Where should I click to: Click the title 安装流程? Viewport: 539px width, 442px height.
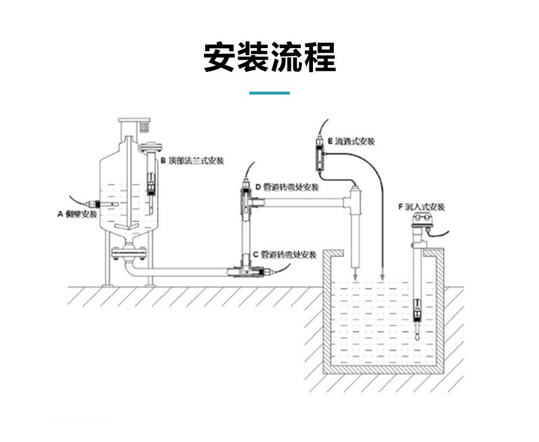[269, 57]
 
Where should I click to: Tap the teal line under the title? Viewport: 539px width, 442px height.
[269, 93]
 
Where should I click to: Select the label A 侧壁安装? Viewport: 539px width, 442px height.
[77, 214]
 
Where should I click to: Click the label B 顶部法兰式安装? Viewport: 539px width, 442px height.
[192, 161]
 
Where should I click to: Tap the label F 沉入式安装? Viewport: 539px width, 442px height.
[421, 206]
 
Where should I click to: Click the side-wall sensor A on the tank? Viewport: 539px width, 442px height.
[93, 204]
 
